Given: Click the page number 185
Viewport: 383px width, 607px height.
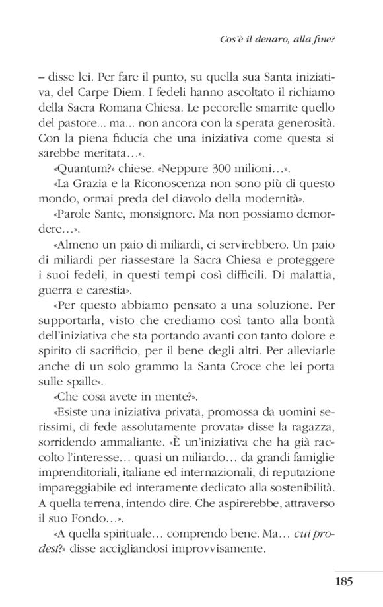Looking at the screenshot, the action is [x=344, y=581].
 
